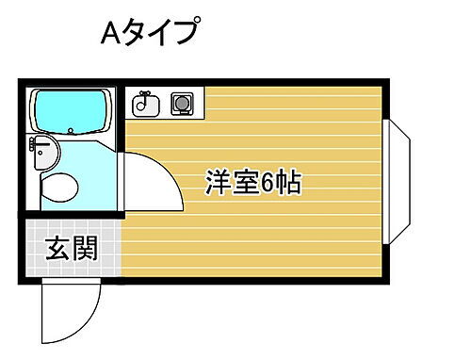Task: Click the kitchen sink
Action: tap(145, 104)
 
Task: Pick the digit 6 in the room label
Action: tap(269, 183)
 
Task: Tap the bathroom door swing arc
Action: tap(155, 184)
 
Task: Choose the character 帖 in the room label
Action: tap(288, 183)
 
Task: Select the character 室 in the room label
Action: tap(244, 183)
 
